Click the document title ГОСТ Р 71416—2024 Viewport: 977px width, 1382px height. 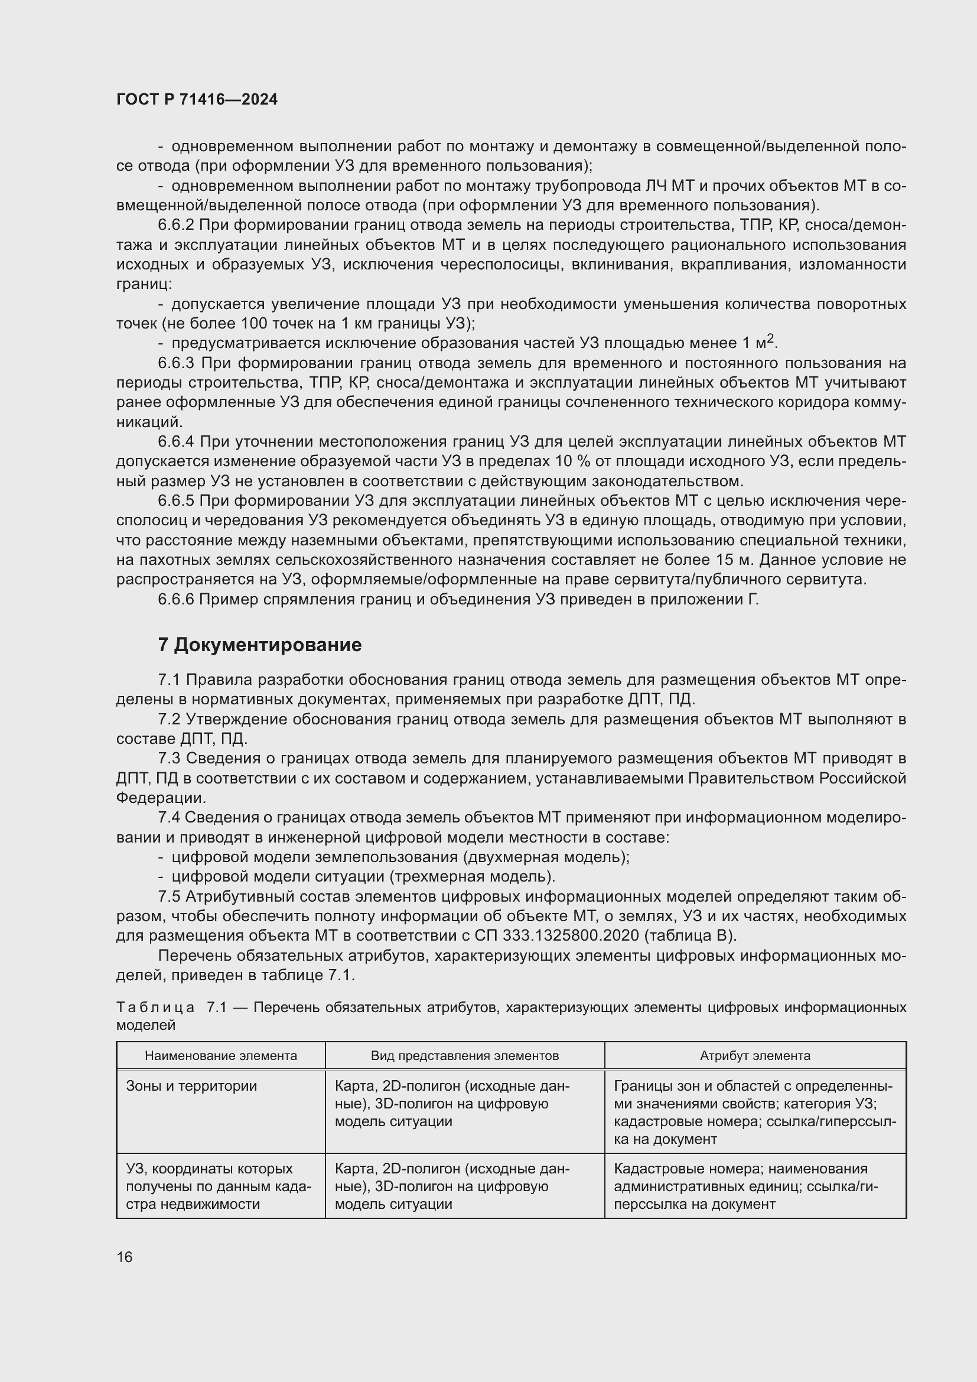(197, 100)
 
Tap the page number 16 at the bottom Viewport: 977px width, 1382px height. (125, 1257)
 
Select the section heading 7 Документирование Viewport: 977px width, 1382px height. (260, 645)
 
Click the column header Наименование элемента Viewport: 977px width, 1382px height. (221, 1056)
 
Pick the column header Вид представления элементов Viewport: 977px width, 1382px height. (464, 1056)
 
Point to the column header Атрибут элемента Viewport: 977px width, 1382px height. (755, 1056)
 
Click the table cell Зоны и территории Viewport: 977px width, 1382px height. (191, 1087)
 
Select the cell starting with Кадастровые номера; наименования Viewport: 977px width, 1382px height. (746, 1186)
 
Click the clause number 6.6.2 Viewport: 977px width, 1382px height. (175, 225)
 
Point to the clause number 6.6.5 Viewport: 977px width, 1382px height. (175, 502)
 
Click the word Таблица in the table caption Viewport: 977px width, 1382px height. (155, 1007)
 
